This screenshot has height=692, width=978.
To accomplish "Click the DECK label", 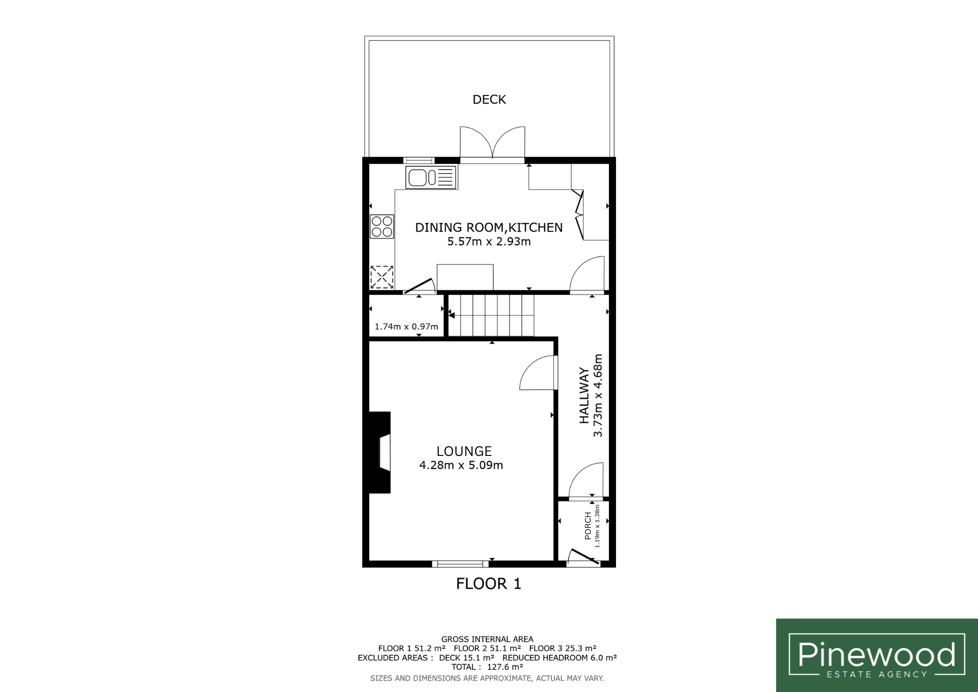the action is (x=489, y=99).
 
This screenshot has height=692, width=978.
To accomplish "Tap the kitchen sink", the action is (x=431, y=177).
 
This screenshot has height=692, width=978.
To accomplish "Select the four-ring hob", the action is (x=382, y=227).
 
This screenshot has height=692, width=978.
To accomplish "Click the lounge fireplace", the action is (x=380, y=452).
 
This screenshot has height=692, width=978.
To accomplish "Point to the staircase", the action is (x=491, y=315).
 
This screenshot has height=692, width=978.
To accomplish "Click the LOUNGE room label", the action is (x=464, y=451).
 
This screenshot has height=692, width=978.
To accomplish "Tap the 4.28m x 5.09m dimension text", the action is (x=461, y=465).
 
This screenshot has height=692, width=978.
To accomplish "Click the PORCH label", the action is (x=588, y=526).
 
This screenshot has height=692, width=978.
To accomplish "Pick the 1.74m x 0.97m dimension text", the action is (x=406, y=327).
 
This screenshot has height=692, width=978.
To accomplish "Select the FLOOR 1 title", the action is (x=489, y=584).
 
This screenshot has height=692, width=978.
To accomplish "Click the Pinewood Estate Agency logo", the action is (x=877, y=655).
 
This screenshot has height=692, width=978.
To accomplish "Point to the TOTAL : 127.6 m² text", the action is (x=487, y=667).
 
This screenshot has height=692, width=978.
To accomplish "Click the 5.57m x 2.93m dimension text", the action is (x=489, y=242).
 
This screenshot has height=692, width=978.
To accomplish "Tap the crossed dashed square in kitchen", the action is (x=382, y=277).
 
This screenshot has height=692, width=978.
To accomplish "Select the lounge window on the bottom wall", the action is (x=460, y=564).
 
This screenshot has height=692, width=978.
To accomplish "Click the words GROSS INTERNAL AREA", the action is (x=487, y=639).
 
